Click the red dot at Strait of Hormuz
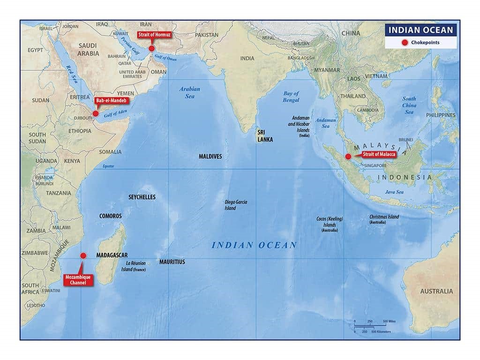tap(151, 48)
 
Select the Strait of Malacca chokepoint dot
tap(348, 157)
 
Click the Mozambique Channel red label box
tap(78, 280)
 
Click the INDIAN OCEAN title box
tap(420, 30)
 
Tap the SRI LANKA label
tap(264, 136)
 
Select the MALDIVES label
tap(210, 156)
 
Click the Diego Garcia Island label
tap(236, 205)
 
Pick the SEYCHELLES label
tap(142, 197)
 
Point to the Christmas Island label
tap(384, 219)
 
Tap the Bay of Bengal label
tap(291, 97)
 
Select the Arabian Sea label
tap(189, 92)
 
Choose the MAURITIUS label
tap(172, 262)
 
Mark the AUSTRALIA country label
tap(436, 291)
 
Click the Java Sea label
tap(394, 192)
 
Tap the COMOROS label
tap(110, 216)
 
